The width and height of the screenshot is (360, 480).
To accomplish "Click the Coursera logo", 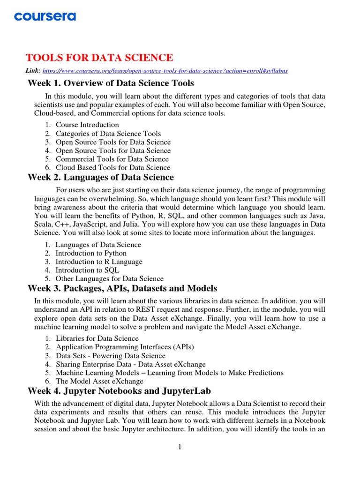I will click(45, 17).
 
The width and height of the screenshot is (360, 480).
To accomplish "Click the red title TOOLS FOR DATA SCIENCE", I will click(99, 58).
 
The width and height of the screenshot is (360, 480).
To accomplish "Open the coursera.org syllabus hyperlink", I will click(165, 71).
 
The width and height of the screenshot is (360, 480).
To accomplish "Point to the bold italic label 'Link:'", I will click(33, 71).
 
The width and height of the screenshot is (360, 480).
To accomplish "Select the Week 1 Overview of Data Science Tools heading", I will click(111, 83).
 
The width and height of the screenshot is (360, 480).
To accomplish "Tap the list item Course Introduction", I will click(87, 125).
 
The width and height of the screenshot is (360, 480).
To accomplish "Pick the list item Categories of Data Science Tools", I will click(108, 134).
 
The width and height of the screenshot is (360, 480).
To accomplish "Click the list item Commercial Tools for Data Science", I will click(112, 159).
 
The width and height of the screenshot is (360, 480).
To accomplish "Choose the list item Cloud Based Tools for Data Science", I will click(113, 167).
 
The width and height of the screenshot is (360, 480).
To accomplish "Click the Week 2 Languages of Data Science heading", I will click(101, 178).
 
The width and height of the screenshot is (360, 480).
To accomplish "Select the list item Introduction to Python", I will click(91, 253).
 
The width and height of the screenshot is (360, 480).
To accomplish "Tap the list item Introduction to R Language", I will click(99, 262).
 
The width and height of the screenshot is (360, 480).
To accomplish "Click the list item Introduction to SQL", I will click(87, 270).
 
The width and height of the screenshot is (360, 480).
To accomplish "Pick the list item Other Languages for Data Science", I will click(110, 278).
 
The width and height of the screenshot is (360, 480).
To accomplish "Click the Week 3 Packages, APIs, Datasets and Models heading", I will click(122, 288).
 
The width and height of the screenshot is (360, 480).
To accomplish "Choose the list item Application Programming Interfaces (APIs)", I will click(125, 347).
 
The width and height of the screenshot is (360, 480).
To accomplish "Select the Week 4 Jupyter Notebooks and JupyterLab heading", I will click(112, 390).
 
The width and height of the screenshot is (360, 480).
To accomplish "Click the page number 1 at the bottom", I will click(180, 447).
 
